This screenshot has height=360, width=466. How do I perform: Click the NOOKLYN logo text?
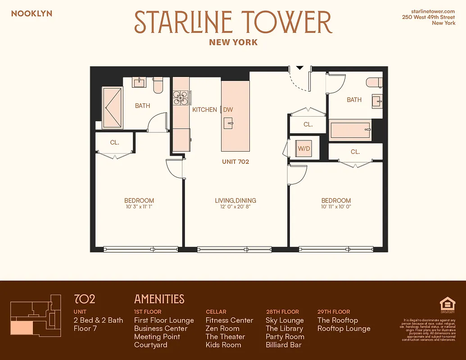coord(32,13)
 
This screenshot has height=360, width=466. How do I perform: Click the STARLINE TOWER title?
coord(233,22)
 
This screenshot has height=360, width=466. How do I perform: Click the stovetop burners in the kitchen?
coord(181,98)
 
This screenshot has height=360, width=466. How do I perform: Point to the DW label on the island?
coord(228,109)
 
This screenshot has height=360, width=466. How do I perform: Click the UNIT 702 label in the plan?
coord(235,162)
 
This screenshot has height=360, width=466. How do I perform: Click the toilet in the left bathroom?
coord(158,85)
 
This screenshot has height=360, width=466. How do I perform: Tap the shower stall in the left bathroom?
coord(112,108)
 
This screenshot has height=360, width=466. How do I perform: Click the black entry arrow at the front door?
coord(299,68)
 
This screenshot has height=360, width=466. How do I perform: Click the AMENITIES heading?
coord(159,299)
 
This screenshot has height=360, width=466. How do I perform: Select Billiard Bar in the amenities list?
coord(284,345)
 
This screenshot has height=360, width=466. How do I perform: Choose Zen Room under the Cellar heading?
coord(222,328)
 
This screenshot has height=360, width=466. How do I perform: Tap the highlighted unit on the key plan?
coord(21,328)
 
